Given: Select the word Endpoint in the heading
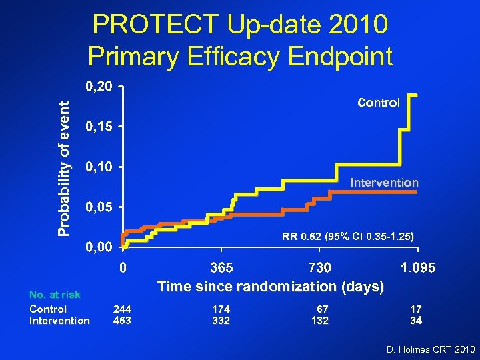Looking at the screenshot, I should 338,57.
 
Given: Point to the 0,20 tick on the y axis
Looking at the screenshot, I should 98,87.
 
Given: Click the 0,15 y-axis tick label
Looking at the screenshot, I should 98,127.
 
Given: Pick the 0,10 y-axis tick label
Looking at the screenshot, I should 98,167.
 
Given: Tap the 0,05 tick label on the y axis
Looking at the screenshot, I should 98,207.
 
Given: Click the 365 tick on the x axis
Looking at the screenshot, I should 221,268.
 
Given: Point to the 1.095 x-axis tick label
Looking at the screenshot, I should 417,268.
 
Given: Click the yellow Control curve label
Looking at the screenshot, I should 379,103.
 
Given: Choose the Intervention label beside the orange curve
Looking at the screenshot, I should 384,182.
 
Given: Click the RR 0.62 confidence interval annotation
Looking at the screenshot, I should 347,237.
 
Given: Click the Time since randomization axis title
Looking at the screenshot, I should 270,287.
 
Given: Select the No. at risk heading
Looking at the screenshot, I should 55,295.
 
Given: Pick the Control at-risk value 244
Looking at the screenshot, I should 122,309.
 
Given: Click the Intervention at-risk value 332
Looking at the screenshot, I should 221,321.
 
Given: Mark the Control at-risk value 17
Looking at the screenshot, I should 415,309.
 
